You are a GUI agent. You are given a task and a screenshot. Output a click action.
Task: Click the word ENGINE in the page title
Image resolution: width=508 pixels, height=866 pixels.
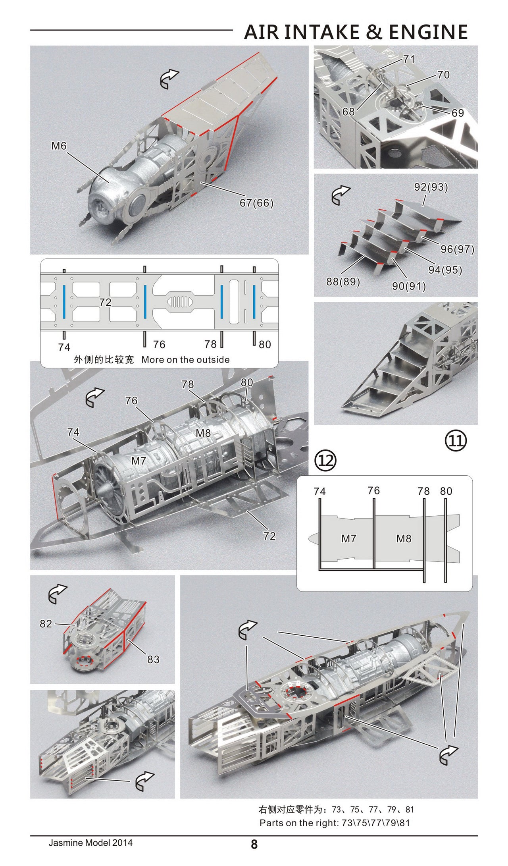pos(428,32)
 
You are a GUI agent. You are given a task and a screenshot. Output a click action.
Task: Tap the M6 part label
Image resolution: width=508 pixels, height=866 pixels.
pos(59,146)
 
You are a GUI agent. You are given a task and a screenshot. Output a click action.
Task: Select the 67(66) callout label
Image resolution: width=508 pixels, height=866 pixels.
pos(256,203)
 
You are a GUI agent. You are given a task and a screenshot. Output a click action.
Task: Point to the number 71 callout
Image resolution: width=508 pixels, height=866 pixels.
pos(409,59)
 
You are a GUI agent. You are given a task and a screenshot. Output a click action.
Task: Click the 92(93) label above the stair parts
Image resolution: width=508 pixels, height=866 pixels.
pos(431,187)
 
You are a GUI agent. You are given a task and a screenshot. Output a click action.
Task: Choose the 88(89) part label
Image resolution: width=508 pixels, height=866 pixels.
pos(343,282)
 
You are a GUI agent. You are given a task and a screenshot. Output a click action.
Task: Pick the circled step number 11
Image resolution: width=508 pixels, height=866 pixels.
pos(456,441)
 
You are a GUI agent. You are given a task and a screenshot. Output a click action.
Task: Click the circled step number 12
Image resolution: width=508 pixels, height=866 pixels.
pos(325,461)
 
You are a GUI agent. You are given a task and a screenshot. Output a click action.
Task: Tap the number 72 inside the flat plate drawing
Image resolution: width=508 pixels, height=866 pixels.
pos(105,303)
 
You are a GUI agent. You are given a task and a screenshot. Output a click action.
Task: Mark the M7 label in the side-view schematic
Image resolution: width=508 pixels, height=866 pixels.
pos(349,539)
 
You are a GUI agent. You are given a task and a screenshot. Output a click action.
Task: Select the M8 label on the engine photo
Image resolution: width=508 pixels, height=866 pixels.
pos(203,433)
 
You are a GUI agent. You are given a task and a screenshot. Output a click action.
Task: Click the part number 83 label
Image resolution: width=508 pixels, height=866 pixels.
pos(153,659)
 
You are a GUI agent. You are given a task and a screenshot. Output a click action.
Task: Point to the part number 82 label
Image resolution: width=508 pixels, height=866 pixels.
pos(46,624)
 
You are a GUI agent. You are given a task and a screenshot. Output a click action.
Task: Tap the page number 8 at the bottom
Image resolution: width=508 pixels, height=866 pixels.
pos(254,855)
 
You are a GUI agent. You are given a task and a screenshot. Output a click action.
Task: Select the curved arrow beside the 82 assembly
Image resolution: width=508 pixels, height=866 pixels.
pos(58,594)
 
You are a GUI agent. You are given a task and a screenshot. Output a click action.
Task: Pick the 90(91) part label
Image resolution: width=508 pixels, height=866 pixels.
pos(409,286)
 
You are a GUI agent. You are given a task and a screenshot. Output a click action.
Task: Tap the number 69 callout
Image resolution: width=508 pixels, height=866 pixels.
pos(458,113)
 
